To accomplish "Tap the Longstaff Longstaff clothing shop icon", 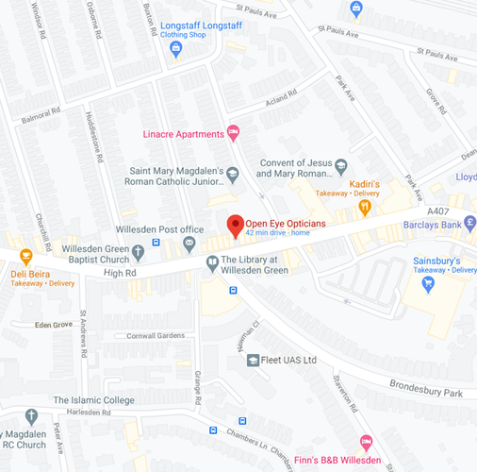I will pos(175,48).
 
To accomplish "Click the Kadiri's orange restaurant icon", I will pos(364,205).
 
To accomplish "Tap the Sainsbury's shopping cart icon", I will pos(429,281).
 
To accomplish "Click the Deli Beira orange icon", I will pos(25,255).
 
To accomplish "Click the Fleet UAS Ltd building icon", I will pos(253,360).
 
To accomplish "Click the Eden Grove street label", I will pos(53,325).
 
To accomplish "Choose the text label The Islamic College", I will pos(93,399).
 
